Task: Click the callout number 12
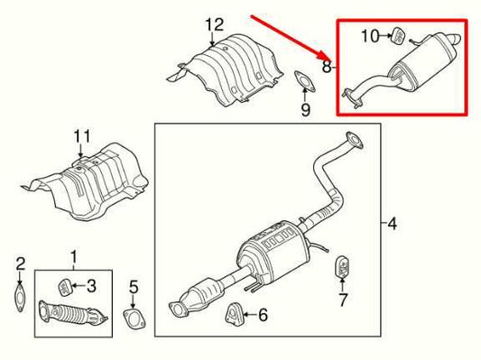(212, 23)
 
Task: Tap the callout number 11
(82, 136)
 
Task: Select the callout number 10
(371, 36)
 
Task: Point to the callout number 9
(305, 111)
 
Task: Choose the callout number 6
(263, 315)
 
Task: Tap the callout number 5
(133, 288)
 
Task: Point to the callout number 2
(19, 263)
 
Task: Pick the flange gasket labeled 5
(134, 321)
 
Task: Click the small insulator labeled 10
(396, 36)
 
